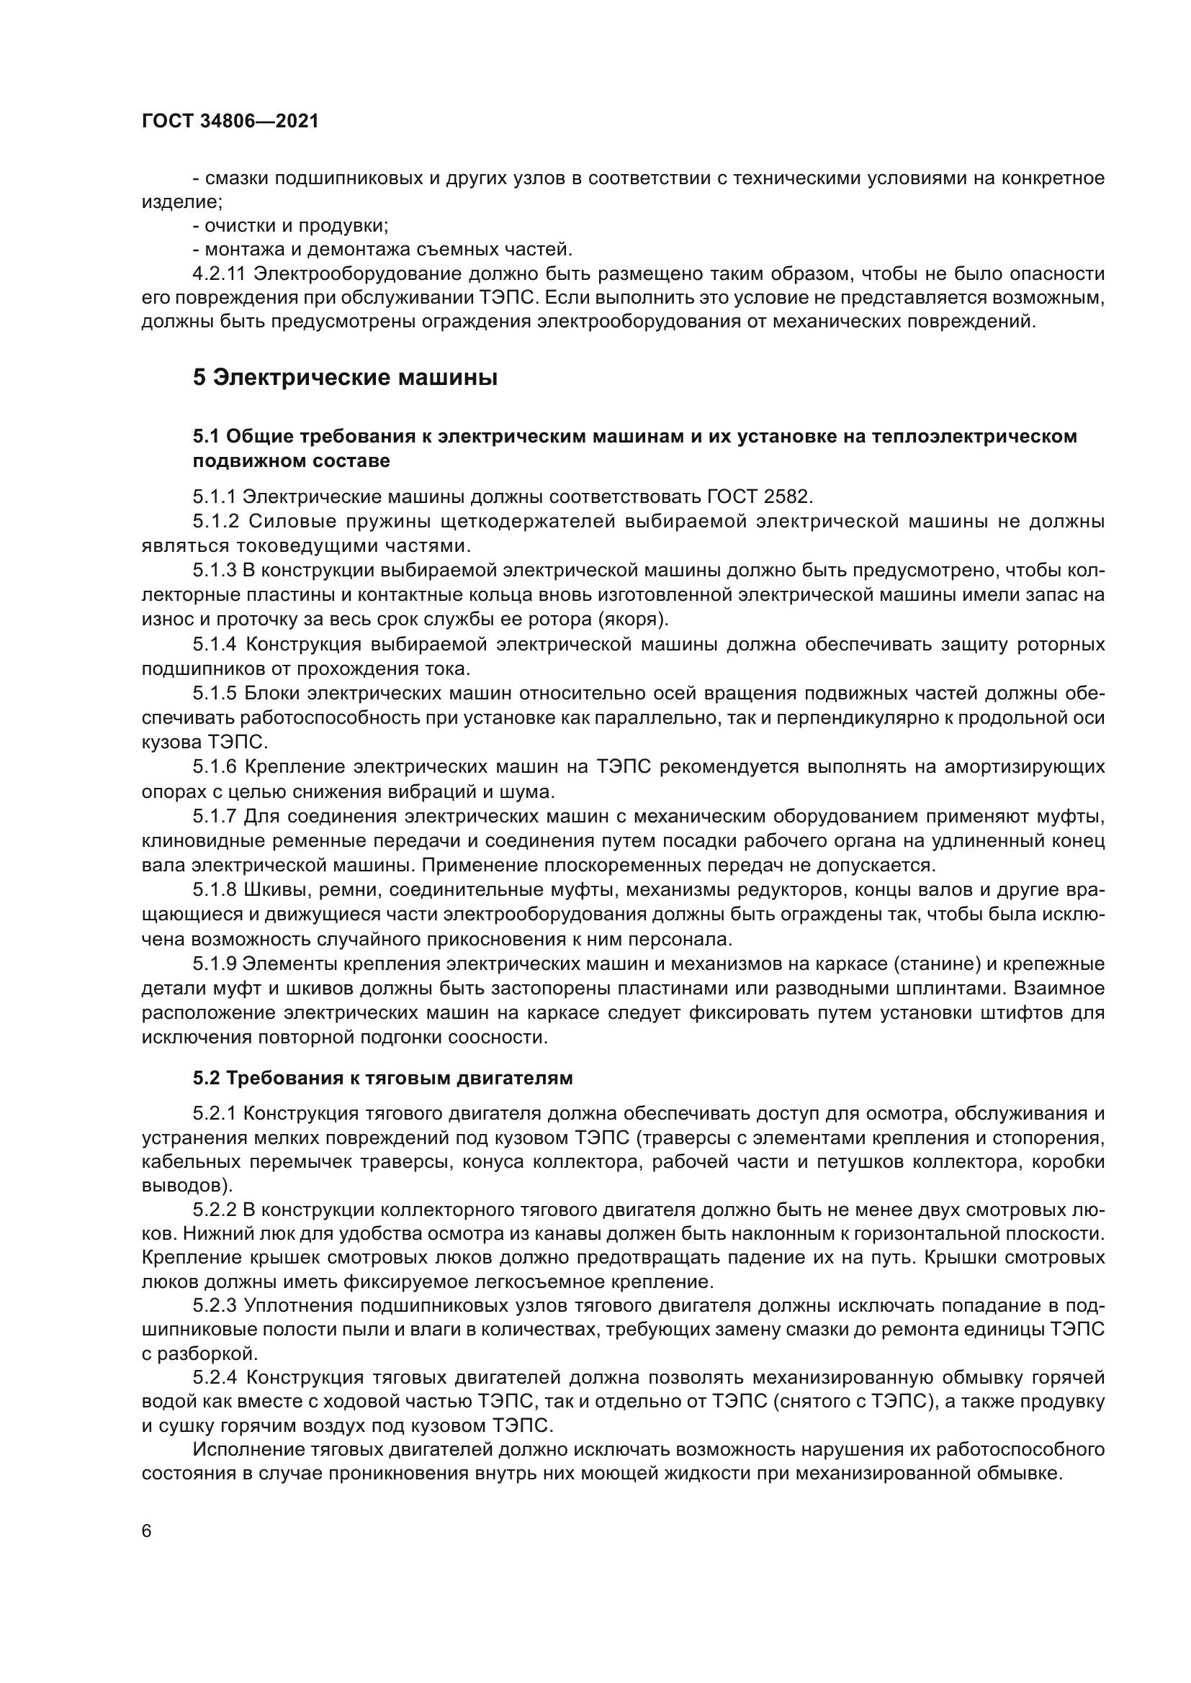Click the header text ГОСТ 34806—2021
point(230,122)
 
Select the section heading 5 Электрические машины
point(346,378)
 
